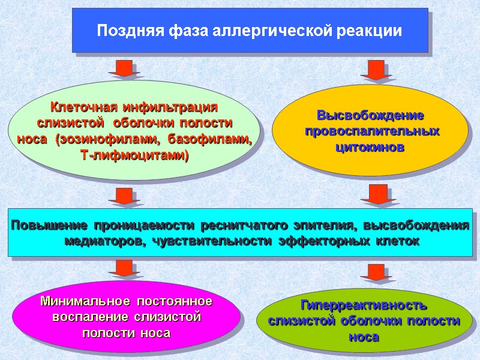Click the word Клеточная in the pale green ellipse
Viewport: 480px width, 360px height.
pos(84,107)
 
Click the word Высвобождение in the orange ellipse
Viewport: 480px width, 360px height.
pos(370,115)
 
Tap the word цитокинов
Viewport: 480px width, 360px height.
pos(370,146)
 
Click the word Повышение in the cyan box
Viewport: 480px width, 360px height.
pos(47,226)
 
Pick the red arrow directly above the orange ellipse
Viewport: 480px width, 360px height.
pos(376,70)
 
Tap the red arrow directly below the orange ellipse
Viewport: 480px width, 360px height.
pos(376,194)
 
